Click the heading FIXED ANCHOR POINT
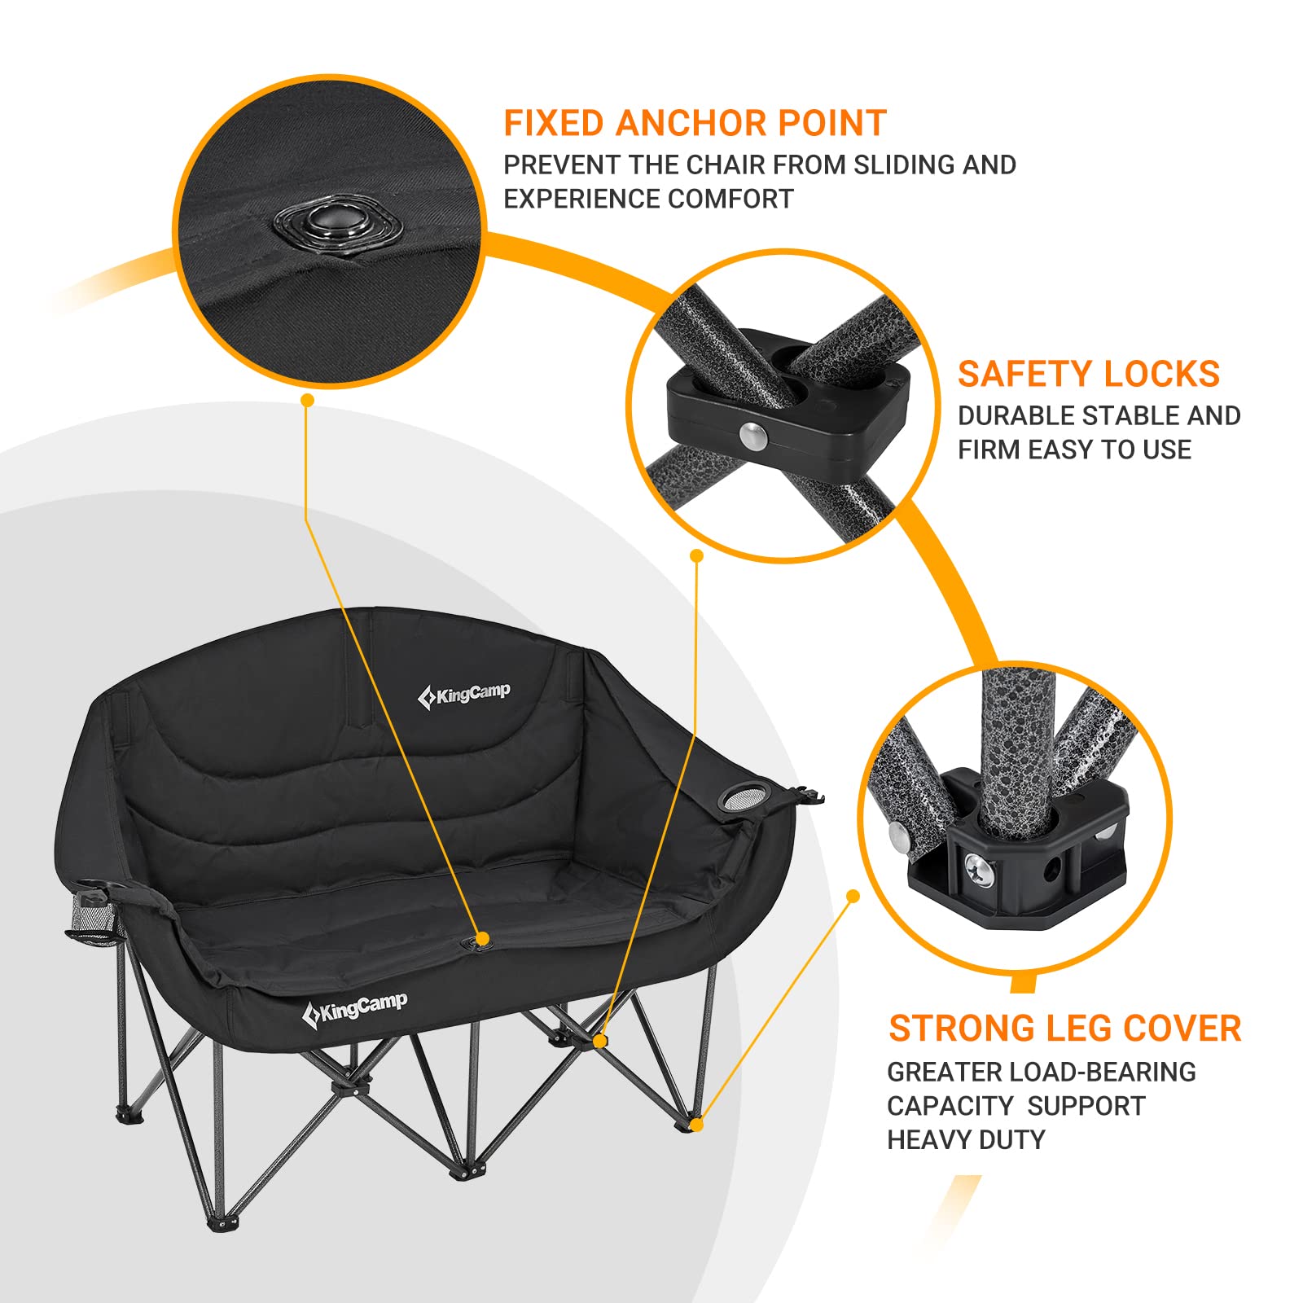tap(695, 124)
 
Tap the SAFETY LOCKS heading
tap(1088, 375)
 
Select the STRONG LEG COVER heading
tap(1064, 1029)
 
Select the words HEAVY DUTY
tap(965, 1140)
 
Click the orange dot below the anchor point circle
tap(307, 400)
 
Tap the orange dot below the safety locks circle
tap(696, 555)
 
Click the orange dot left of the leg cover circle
tap(853, 896)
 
